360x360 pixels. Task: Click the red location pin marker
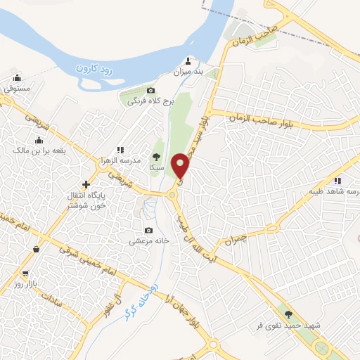tap(181, 166)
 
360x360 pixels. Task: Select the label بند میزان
tap(188, 72)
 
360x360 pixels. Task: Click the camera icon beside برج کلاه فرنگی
tap(150, 91)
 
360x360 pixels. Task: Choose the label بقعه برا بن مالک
tap(39, 150)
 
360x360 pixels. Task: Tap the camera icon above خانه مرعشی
tap(148, 230)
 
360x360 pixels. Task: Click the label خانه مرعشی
tap(149, 240)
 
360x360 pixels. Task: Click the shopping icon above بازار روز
tap(26, 273)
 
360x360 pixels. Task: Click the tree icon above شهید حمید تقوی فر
tap(288, 314)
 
